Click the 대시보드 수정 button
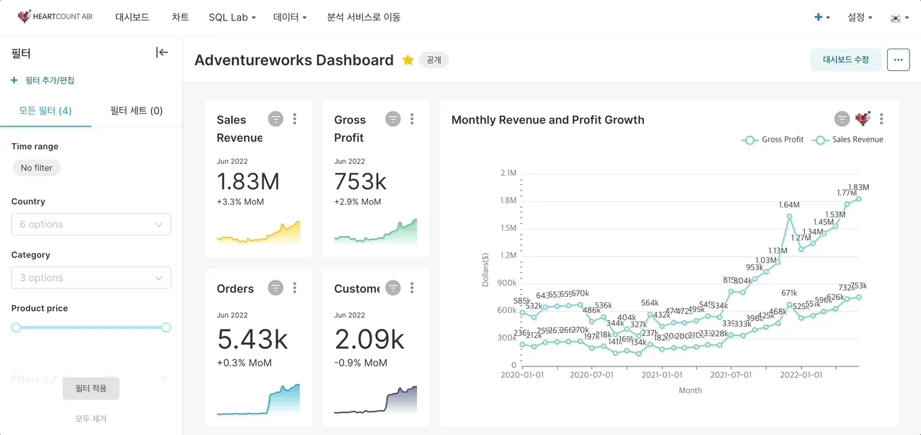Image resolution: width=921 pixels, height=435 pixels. [846, 59]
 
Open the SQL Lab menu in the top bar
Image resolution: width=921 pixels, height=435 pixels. [232, 17]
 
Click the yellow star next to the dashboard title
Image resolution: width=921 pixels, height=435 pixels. [408, 60]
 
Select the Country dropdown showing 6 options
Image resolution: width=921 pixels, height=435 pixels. [91, 225]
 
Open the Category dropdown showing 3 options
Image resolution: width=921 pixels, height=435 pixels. [91, 278]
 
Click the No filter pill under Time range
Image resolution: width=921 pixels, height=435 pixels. [36, 168]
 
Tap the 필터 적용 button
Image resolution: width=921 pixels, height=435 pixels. [91, 388]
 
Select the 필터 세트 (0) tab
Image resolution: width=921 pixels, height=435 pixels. [136, 111]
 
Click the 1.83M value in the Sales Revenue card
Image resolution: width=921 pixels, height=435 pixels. [248, 182]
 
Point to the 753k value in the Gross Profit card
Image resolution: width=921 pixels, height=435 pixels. [360, 182]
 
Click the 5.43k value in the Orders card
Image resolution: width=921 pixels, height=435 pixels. [253, 340]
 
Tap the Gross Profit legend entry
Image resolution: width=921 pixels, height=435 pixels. [775, 139]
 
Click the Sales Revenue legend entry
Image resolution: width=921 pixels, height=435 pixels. [850, 139]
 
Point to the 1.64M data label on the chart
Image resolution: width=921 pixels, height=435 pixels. [789, 205]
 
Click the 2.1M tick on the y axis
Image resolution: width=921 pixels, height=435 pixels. [508, 173]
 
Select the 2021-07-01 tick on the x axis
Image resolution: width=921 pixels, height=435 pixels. [730, 375]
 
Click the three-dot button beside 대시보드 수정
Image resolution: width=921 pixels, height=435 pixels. [898, 59]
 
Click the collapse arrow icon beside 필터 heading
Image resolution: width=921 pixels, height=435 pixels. [162, 52]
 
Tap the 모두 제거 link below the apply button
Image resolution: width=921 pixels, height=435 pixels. [91, 419]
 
